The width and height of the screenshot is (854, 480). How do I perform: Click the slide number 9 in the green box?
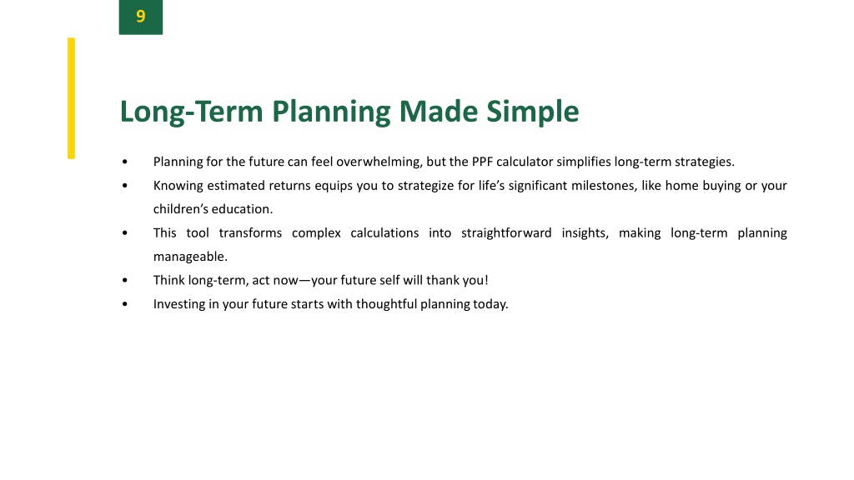140,17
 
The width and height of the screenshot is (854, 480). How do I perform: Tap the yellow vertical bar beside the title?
72,98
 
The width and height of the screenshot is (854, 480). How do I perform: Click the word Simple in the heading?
532,112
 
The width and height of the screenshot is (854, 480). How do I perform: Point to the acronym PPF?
482,162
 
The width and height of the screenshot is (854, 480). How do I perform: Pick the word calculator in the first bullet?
525,162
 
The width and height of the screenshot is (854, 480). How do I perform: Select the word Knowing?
178,186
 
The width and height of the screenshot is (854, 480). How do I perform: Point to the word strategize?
425,186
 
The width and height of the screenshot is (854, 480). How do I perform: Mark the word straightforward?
506,233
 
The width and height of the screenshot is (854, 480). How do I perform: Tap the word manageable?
190,257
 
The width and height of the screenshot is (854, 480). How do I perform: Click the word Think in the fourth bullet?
168,280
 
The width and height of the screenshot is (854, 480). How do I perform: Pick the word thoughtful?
386,304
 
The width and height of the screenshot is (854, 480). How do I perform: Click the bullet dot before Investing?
125,303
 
